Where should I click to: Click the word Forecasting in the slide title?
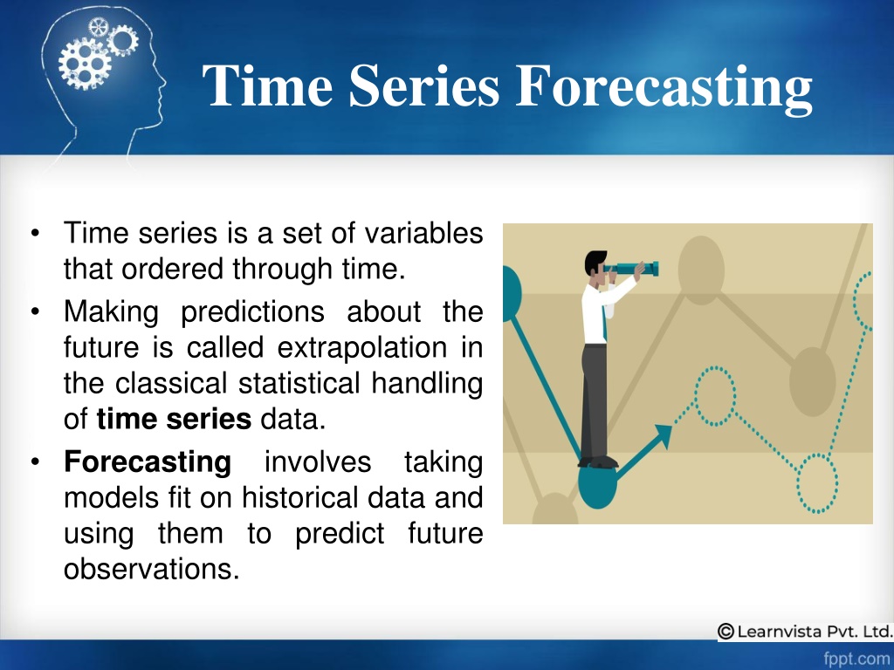[664, 86]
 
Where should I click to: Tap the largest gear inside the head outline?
[85, 64]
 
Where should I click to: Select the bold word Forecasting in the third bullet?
[148, 461]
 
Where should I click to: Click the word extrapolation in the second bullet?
[362, 347]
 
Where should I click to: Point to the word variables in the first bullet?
[423, 233]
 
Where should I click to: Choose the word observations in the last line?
[151, 569]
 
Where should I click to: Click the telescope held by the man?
[632, 269]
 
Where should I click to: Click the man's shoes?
[598, 462]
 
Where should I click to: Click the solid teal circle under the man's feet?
[597, 486]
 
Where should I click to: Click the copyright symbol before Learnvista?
[726, 632]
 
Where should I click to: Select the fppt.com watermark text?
[857, 659]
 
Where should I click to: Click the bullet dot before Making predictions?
[35, 311]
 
